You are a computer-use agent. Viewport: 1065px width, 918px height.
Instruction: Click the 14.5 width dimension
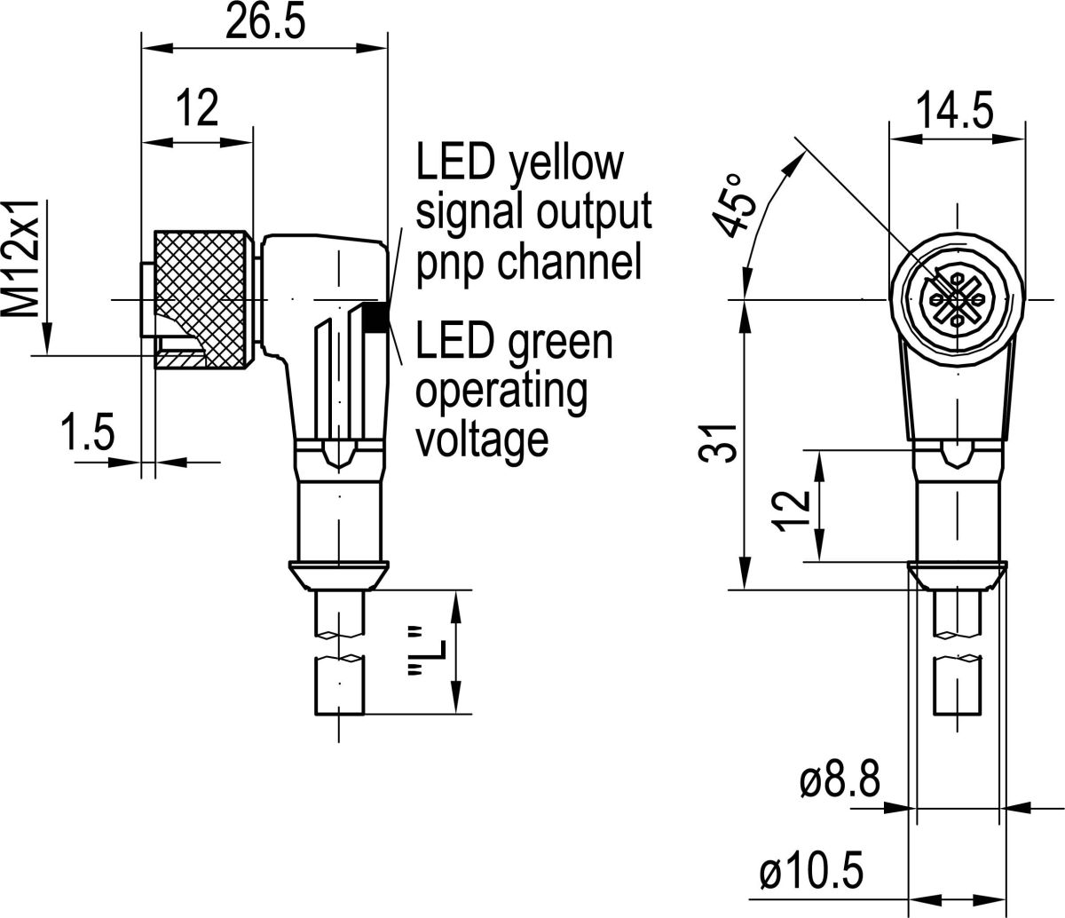pyautogui.click(x=954, y=114)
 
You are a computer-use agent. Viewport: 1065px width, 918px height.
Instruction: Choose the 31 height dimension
pyautogui.click(x=724, y=441)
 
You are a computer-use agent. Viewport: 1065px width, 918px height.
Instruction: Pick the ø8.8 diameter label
pyautogui.click(x=839, y=782)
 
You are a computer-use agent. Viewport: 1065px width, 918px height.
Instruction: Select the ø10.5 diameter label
pyautogui.click(x=812, y=874)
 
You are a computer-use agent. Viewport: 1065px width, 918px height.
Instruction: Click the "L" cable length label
pyautogui.click(x=414, y=653)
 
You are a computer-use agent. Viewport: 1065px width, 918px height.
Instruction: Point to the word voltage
pyautogui.click(x=482, y=438)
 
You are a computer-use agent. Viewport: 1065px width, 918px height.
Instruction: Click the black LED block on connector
pyautogui.click(x=376, y=317)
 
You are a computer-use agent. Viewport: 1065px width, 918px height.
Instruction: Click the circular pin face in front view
pyautogui.click(x=957, y=300)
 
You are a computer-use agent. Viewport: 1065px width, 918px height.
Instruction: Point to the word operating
pyautogui.click(x=501, y=391)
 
